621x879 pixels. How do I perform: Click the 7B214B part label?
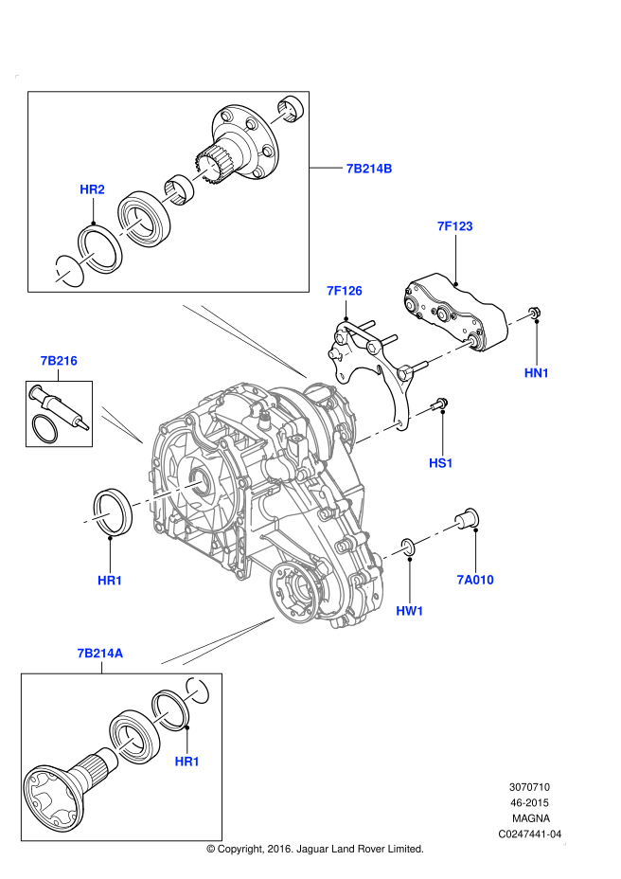tap(368, 170)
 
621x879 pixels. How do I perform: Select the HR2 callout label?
tap(92, 190)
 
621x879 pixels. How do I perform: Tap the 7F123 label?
tap(454, 227)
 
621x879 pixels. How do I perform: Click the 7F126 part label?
tap(345, 292)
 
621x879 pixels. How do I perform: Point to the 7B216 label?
tap(58, 362)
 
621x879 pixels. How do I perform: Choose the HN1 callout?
tap(537, 374)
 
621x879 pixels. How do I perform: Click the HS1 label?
tap(441, 464)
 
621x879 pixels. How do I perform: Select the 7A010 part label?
tap(475, 581)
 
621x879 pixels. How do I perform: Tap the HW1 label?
tap(409, 612)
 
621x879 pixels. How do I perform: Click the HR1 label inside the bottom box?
tap(187, 762)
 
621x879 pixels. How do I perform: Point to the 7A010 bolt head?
tap(469, 517)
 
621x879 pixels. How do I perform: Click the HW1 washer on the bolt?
tap(408, 546)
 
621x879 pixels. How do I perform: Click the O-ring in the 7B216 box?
tap(43, 427)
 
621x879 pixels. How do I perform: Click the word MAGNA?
tap(530, 817)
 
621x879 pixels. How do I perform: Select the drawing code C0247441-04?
tap(530, 834)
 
